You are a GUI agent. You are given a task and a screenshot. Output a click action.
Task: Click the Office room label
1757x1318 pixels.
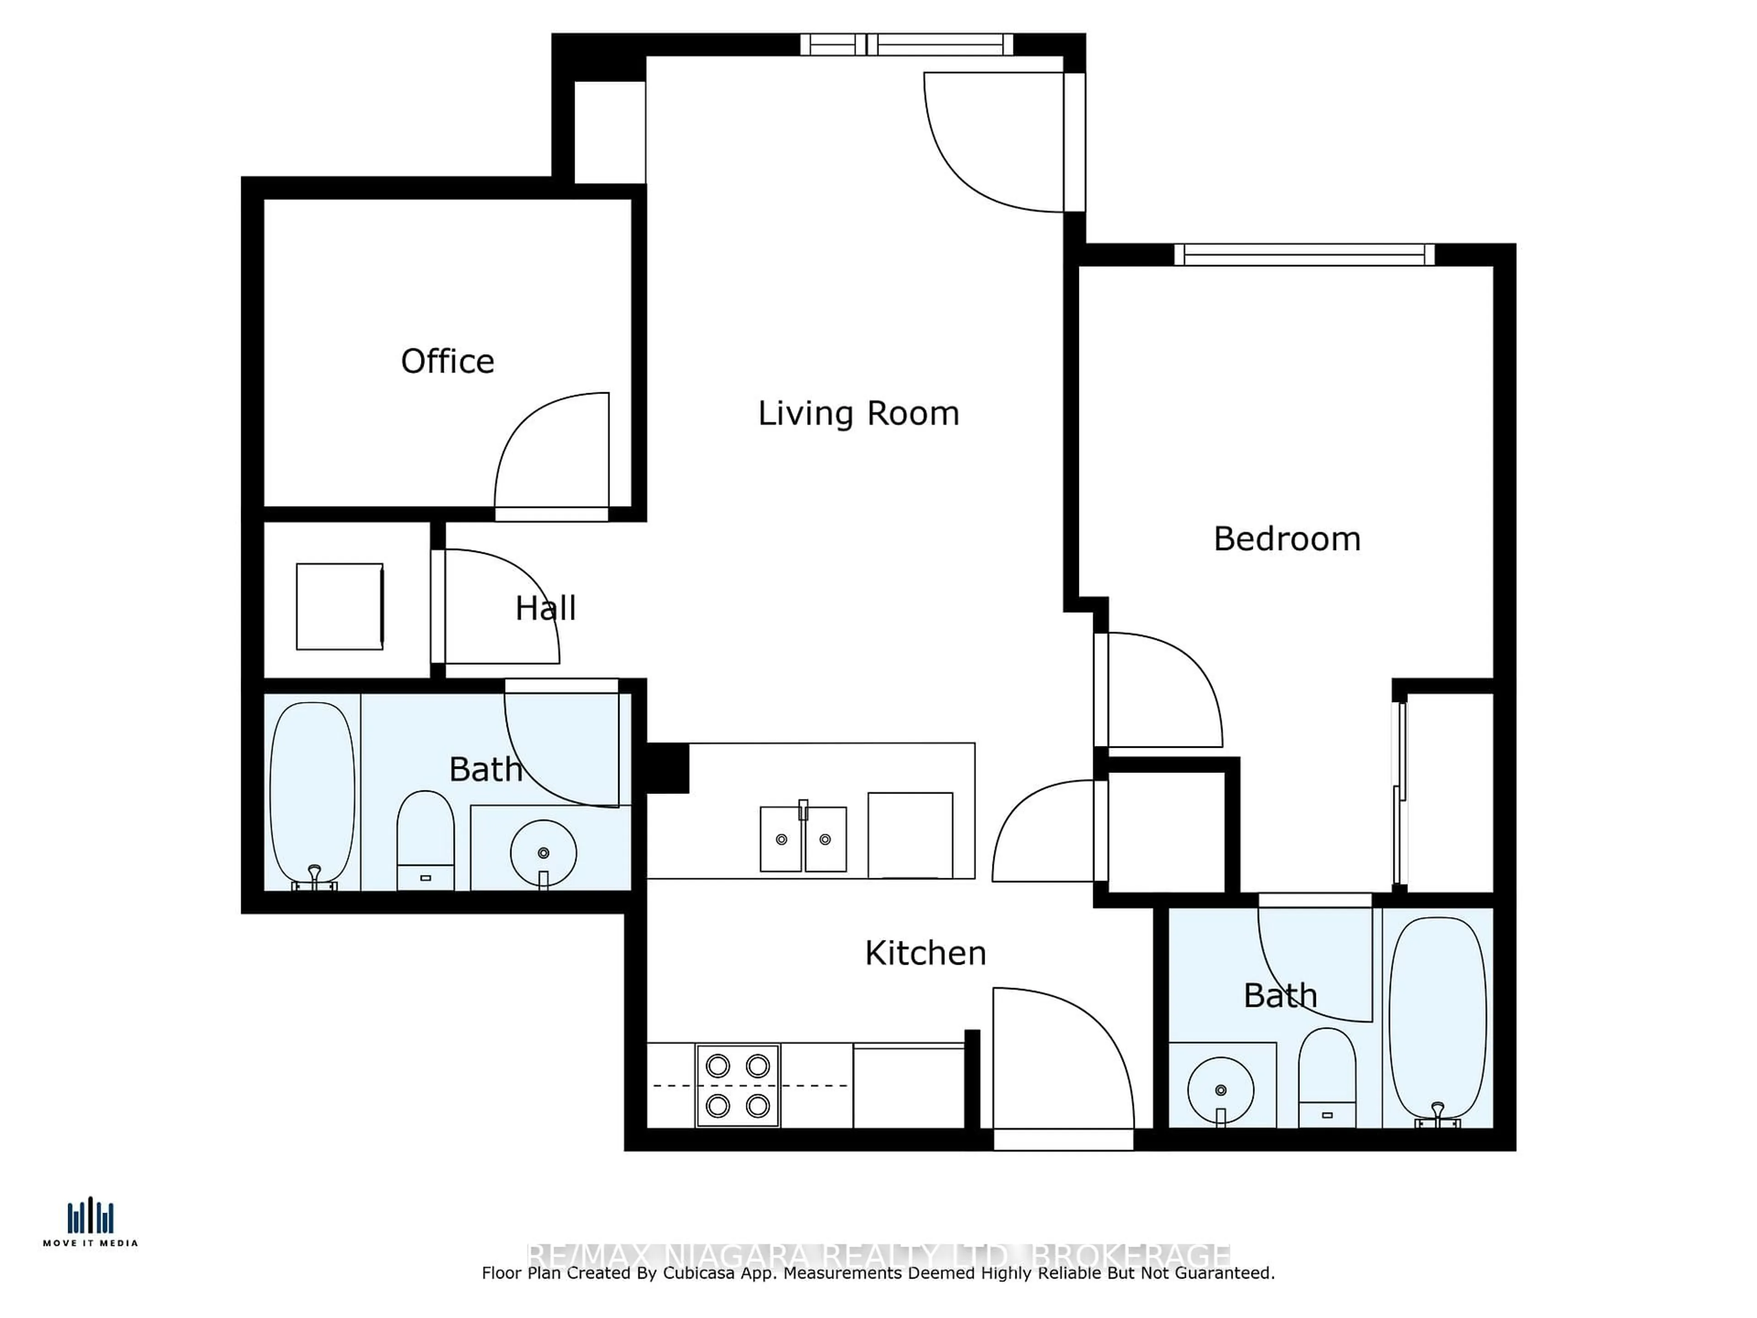point(447,362)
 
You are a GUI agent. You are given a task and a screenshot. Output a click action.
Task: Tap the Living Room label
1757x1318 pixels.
point(858,413)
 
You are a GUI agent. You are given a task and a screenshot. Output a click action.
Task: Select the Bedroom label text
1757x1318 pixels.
point(1287,539)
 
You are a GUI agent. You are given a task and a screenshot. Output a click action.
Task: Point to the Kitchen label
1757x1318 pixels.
point(925,952)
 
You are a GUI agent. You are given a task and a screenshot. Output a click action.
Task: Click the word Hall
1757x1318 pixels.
point(545,609)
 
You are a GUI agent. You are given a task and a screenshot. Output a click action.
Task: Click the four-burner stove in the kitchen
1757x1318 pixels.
point(737,1085)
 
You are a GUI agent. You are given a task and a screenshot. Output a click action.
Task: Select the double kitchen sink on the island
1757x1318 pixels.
point(803,839)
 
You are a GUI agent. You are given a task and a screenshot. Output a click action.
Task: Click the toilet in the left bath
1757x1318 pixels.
point(425,838)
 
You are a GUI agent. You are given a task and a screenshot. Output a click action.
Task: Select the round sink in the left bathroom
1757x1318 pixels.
point(543,853)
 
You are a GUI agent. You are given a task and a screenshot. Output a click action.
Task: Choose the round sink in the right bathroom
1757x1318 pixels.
point(1221,1090)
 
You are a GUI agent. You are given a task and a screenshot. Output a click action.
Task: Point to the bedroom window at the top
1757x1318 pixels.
point(1304,254)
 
